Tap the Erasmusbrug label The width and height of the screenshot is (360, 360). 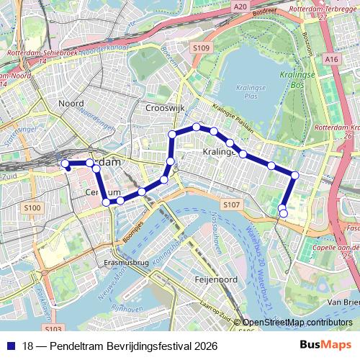coord(127,263)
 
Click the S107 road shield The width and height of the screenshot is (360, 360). coord(230,205)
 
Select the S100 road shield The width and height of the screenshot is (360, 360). coord(32,208)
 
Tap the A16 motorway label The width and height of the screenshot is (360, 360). coord(332,59)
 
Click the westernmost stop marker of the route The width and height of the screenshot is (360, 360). coord(65,164)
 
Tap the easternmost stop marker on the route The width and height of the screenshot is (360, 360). coord(294,175)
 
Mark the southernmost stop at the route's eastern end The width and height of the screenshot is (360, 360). coord(283,213)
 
